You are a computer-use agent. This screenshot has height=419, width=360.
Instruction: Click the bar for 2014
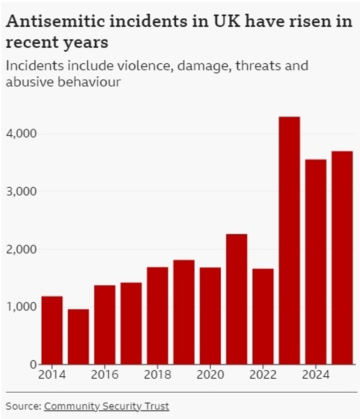pos(52,330)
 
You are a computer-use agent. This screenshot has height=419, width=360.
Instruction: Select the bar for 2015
pos(78,336)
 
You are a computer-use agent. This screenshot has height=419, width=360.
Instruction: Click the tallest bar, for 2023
pos(289,240)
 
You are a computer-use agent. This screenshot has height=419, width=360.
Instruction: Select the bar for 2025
pos(342,258)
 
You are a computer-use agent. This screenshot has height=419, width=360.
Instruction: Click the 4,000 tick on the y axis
pos(21,134)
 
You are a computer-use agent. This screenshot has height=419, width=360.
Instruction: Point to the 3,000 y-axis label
pos(21,191)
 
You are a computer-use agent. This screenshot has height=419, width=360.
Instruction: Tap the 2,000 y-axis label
pos(21,249)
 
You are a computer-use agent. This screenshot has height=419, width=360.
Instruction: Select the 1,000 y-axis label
pos(21,306)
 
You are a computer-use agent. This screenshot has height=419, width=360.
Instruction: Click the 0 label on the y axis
pos(32,364)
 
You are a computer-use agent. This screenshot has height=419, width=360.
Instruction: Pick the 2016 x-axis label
pos(104,375)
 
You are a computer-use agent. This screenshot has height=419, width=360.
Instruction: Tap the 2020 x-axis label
pos(210,375)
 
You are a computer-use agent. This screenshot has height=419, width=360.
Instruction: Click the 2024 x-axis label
pos(315,375)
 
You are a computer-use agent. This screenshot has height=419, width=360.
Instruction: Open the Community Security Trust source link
pos(106,405)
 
